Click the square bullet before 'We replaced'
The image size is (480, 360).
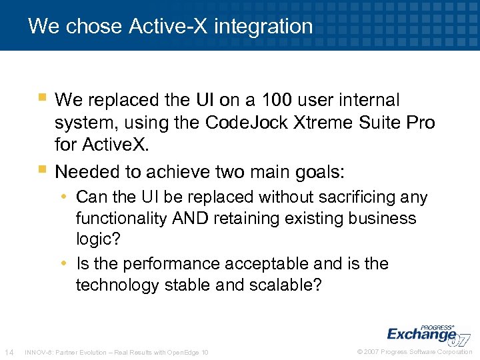pos(43,99)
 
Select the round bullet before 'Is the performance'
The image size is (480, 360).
pos(68,264)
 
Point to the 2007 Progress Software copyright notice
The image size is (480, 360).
pos(414,352)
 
